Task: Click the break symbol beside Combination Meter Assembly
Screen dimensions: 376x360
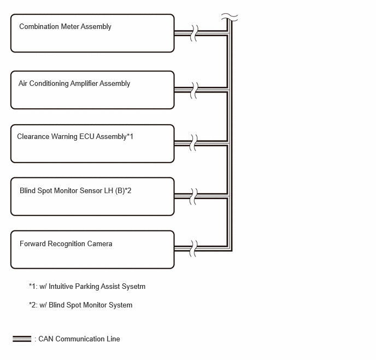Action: coord(194,33)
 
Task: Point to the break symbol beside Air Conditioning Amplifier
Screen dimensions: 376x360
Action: coord(194,90)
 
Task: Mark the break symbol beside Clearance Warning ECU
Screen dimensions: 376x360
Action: coord(194,143)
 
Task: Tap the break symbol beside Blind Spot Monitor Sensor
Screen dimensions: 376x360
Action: coord(194,196)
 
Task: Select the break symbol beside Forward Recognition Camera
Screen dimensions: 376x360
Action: coord(194,248)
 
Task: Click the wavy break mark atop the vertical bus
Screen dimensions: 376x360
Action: coord(230,18)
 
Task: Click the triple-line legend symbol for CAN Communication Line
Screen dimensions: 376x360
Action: coord(22,339)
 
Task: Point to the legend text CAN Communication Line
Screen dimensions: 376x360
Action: coord(79,339)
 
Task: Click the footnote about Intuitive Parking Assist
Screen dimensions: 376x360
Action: coord(87,287)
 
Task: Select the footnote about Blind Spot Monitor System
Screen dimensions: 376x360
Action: coord(80,305)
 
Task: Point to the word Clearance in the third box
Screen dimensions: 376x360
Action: coord(33,137)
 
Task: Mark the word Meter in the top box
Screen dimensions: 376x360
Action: coord(70,26)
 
